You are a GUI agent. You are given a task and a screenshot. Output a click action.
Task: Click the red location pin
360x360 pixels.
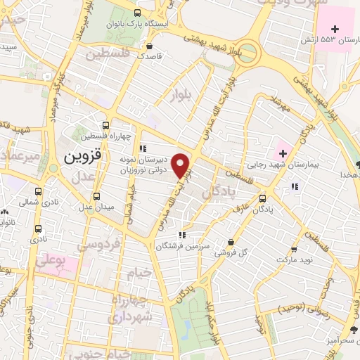[x=181, y=166]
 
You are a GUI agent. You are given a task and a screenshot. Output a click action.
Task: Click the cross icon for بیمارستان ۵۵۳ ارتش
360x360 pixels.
[x=335, y=30]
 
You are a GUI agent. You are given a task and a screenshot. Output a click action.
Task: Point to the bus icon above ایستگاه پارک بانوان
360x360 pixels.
[x=136, y=13]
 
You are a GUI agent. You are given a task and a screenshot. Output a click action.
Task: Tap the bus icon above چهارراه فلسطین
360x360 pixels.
[x=105, y=124]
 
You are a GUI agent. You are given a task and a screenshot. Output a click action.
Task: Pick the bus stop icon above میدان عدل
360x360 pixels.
[x=96, y=196]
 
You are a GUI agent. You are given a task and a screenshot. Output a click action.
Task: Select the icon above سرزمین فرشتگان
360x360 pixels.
[x=181, y=236]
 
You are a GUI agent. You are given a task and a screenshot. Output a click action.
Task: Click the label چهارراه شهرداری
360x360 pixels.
[x=128, y=309]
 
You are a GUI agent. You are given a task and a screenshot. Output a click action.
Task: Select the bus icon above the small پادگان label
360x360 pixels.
[x=262, y=198]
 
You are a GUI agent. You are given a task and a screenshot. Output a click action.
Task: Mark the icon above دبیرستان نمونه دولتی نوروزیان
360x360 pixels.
[x=143, y=148]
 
